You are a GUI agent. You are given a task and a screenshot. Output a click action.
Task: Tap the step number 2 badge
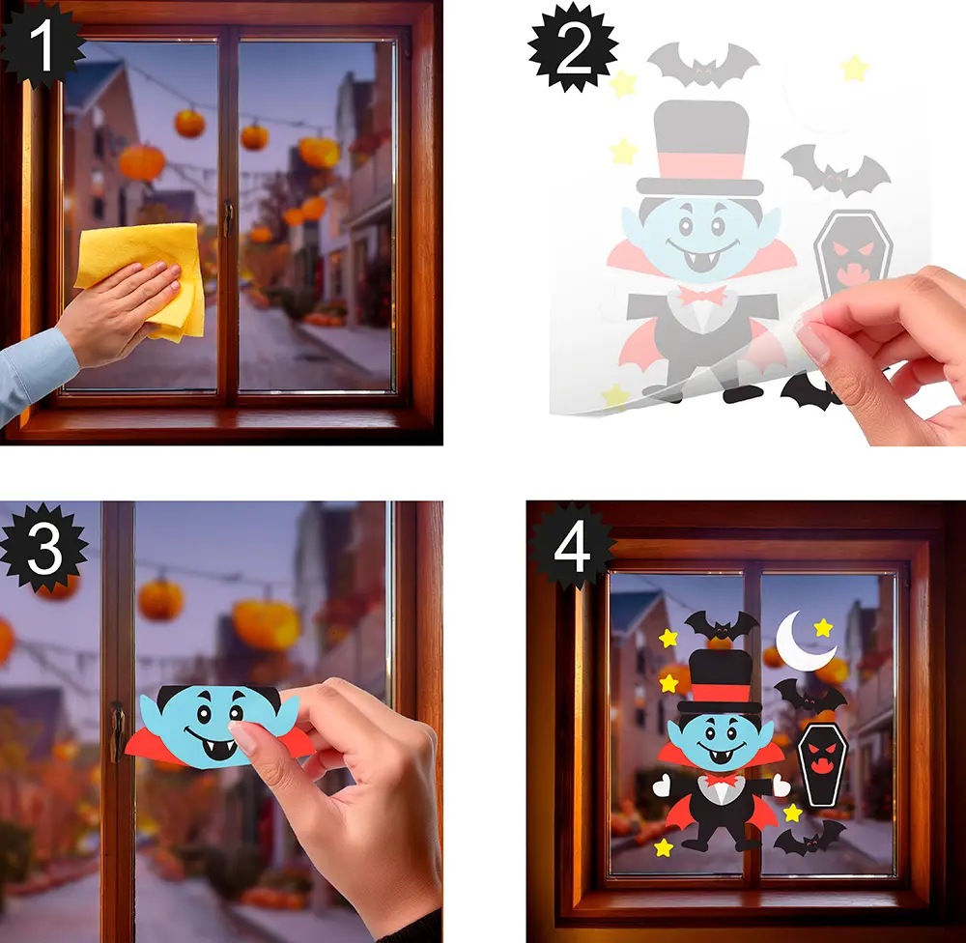pos(573,49)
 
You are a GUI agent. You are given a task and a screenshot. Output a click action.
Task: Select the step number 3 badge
pos(44,547)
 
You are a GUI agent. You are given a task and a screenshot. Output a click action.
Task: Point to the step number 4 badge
pos(572,547)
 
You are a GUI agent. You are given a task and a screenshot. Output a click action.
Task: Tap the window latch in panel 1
pos(229,218)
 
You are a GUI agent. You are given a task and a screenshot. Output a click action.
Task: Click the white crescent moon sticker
pos(801,641)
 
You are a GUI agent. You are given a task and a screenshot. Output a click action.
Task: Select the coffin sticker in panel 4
pos(822,764)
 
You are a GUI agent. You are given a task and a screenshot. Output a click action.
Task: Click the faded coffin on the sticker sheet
pos(853,253)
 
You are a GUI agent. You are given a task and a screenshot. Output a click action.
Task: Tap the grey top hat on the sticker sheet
pos(700,148)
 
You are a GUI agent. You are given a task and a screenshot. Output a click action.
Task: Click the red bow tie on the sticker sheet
pos(701,296)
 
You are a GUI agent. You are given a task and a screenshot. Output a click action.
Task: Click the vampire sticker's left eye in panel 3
pos(203,713)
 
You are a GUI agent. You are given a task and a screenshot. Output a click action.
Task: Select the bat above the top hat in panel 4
pos(722,625)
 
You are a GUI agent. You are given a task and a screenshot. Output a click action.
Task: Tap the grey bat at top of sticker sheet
pos(703,66)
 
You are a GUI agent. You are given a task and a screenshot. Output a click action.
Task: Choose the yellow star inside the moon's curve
pos(823,628)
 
